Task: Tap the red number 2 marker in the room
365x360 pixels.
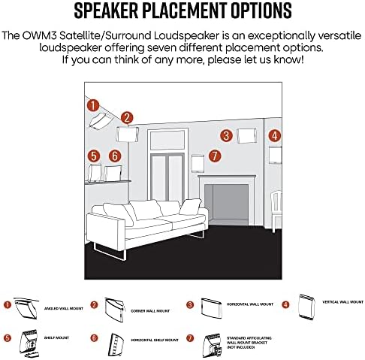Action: (x=127, y=117)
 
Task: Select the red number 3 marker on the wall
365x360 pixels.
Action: (x=225, y=136)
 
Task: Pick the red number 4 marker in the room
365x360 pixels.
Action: (x=275, y=136)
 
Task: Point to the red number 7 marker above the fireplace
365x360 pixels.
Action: (x=215, y=156)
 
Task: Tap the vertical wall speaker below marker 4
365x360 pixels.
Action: (x=276, y=156)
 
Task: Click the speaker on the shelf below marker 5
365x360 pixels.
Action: (x=95, y=173)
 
